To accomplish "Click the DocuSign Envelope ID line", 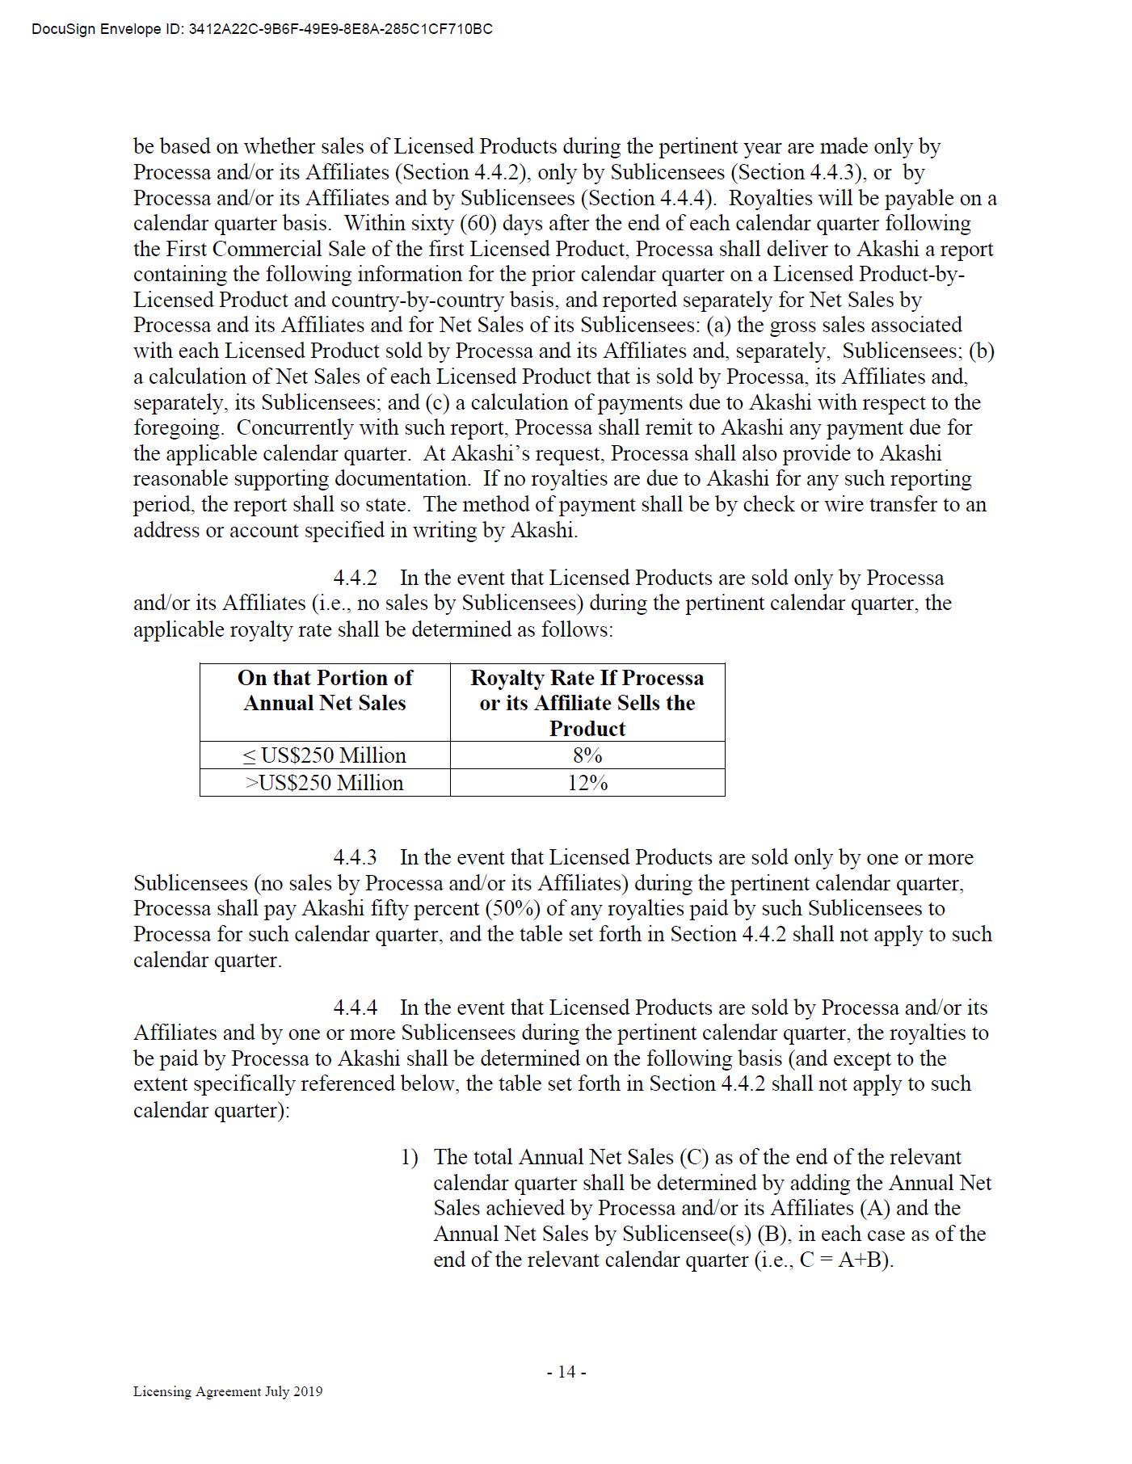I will pos(262,29).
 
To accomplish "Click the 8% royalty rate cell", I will pos(587,755).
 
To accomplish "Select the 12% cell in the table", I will pos(587,783).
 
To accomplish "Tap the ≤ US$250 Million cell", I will pos(325,755).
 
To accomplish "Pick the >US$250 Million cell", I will pos(325,783).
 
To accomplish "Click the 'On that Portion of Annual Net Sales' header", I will pos(325,690).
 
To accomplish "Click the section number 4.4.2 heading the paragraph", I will pos(356,578).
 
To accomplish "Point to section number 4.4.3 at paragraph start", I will pos(356,857).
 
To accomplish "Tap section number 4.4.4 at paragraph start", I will pos(356,1008).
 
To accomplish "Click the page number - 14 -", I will pos(566,1372).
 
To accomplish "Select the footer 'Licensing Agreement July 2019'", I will pos(228,1391).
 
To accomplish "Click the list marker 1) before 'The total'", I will pos(410,1158).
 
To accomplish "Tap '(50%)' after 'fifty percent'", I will pos(511,908).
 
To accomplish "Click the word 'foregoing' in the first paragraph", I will pos(178,428).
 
